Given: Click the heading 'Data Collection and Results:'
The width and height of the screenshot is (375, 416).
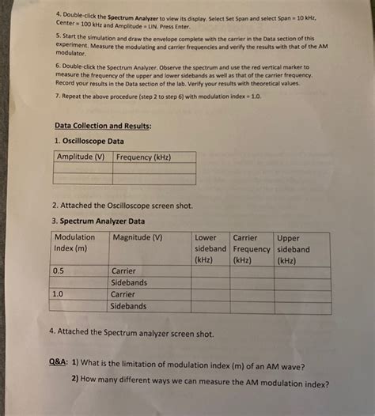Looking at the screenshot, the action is [103, 125].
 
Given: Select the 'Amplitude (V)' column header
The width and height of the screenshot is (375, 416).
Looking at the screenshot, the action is [81, 157].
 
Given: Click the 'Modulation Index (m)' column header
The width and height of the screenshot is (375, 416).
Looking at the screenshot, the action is [75, 243].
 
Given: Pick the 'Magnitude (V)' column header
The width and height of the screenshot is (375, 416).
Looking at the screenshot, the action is [138, 237].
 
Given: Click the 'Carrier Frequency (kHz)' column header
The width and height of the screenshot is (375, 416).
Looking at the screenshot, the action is [251, 248].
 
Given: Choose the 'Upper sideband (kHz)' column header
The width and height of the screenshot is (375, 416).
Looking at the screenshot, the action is [293, 248].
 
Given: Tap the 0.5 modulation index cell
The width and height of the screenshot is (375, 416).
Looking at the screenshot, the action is [59, 271].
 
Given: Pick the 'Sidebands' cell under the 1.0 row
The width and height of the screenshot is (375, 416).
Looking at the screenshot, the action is [129, 306].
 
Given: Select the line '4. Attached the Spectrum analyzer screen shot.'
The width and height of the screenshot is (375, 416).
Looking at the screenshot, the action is [130, 333].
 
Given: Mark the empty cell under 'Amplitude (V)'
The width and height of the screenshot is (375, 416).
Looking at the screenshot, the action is [81, 168].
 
